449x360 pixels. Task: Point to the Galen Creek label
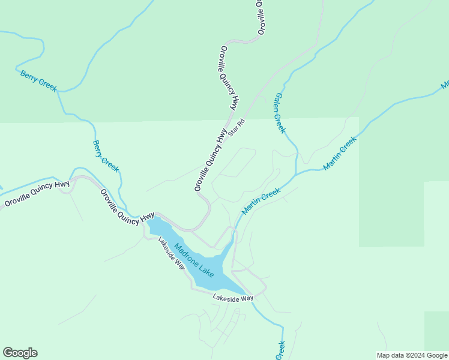tap(280, 113)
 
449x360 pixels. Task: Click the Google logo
tap(20, 353)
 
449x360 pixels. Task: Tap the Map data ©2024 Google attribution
tap(411, 355)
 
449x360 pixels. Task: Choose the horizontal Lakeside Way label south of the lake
tap(233, 298)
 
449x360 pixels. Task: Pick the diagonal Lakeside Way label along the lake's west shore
tap(172, 253)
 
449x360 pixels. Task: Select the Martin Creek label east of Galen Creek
tap(340, 153)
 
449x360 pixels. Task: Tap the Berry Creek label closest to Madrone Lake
tap(106, 156)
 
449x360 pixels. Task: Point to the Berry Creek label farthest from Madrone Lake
tap(38, 81)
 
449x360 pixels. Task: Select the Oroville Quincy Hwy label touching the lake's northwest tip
tap(127, 208)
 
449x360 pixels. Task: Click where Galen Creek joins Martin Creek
tap(296, 175)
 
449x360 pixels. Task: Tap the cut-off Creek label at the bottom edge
tap(280, 350)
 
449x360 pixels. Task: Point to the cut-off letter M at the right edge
tap(445, 85)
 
